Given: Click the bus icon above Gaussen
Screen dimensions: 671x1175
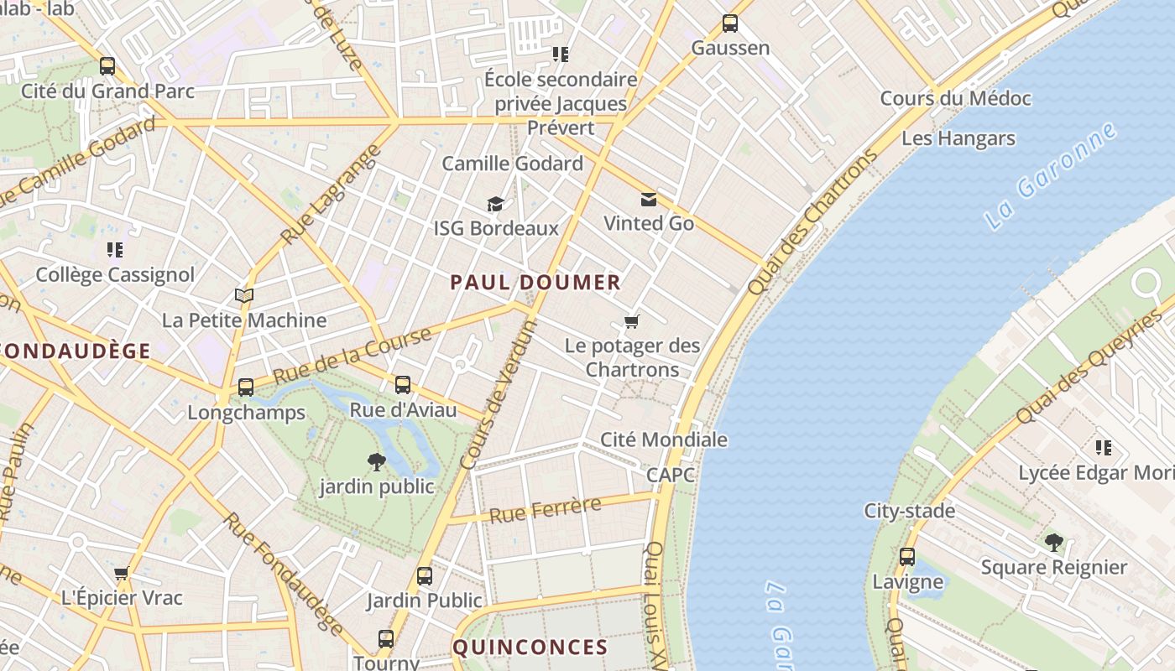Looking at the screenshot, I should [730, 23].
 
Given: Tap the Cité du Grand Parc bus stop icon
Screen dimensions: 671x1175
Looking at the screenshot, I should [107, 66].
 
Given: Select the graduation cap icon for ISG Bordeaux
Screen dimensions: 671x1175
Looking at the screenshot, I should [496, 204].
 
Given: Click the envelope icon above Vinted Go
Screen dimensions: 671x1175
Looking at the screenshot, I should [649, 200].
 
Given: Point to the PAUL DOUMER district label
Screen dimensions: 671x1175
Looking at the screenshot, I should [535, 283].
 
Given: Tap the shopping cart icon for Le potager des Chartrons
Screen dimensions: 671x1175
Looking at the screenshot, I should [632, 321].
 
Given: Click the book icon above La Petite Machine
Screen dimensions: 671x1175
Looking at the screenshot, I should [244, 296].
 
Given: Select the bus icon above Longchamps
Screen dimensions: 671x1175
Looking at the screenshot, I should [246, 388].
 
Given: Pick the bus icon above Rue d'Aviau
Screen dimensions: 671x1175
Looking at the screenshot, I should [403, 385].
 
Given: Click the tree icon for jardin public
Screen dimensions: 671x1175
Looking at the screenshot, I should [377, 461].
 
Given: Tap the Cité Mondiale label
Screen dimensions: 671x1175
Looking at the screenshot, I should [663, 440].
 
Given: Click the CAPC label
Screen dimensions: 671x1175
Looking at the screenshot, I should [671, 475].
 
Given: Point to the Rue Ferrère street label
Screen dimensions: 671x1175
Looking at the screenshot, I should [546, 509].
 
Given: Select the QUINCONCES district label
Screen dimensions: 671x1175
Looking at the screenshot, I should [530, 648].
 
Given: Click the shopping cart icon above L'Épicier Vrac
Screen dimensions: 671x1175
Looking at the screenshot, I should [122, 574].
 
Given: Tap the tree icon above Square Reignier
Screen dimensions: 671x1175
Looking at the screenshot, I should [1053, 543].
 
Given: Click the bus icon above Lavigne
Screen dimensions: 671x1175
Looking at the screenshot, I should [907, 557].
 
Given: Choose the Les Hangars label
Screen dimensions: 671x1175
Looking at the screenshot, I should [958, 138].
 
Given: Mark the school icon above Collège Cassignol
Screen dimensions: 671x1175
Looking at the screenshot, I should [115, 250].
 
